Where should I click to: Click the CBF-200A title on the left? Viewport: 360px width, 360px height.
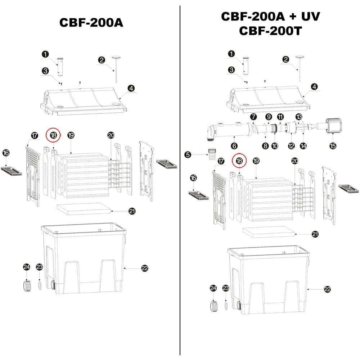(x=91, y=22)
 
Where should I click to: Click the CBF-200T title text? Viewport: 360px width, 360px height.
(x=270, y=31)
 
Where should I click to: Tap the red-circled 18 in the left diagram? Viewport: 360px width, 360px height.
(x=53, y=135)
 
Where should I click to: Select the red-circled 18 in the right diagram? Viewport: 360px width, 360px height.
(x=239, y=161)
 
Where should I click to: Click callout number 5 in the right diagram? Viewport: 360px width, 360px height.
(x=188, y=154)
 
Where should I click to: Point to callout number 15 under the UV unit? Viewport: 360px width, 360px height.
(x=333, y=146)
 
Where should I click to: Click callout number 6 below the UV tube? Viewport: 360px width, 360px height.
(x=234, y=146)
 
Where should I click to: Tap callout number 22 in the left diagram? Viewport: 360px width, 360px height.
(x=145, y=268)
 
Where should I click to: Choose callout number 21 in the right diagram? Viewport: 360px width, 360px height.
(x=315, y=234)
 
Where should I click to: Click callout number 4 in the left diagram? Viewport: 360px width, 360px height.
(x=131, y=88)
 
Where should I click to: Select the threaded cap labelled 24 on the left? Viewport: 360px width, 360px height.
(x=27, y=285)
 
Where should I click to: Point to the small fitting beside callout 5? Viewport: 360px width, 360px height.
(x=212, y=154)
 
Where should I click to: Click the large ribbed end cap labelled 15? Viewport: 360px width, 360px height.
(x=333, y=125)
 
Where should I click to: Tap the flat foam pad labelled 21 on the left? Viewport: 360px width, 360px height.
(x=84, y=208)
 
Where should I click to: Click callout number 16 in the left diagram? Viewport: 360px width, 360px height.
(x=6, y=153)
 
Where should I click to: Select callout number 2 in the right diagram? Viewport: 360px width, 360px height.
(x=285, y=59)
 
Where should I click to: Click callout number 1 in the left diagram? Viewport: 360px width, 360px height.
(x=45, y=54)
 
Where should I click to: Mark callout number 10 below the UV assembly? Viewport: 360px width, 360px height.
(x=275, y=146)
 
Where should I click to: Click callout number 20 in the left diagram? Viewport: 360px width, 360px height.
(x=111, y=135)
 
